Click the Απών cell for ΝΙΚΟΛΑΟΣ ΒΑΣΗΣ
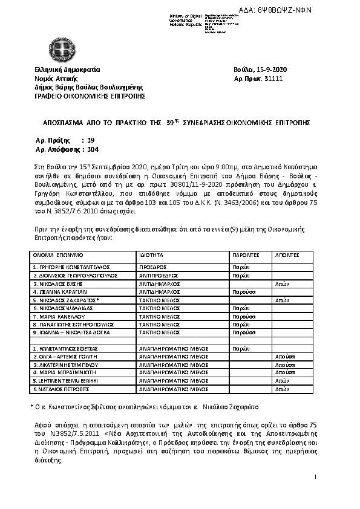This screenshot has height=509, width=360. (282, 283)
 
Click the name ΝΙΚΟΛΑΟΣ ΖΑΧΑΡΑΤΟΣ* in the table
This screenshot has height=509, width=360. (67, 299)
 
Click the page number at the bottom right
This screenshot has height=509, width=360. (316, 478)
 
